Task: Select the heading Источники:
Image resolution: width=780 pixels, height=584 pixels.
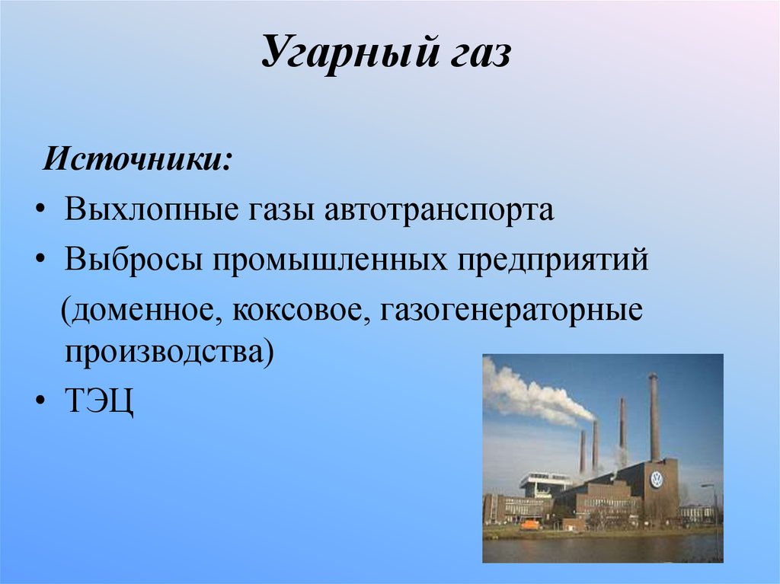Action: click(137, 161)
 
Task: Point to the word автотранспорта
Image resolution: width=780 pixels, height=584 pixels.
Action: click(440, 209)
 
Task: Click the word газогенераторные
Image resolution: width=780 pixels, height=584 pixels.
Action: click(507, 312)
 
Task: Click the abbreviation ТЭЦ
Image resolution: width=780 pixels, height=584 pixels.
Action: click(99, 401)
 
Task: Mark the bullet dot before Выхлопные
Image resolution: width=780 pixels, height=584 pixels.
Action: click(39, 209)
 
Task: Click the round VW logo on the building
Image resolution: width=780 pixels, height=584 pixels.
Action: click(656, 480)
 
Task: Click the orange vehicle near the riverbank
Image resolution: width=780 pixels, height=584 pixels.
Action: click(529, 525)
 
